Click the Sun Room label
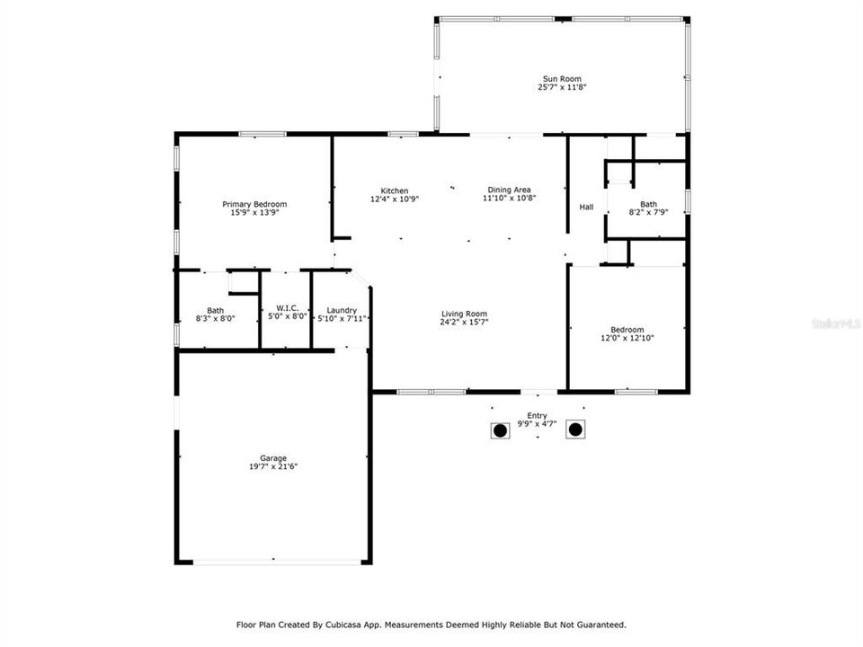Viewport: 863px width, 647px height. pos(562,79)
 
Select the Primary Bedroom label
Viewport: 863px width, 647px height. pos(254,204)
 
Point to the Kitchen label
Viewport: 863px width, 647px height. pos(395,191)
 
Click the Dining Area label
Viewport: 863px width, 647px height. pos(509,190)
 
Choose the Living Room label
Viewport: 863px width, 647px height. pos(464,314)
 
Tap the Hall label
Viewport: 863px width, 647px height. pos(586,208)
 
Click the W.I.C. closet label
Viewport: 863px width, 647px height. pos(287,308)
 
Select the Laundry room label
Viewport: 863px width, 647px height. pos(342,310)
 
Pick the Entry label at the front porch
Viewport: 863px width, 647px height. pos(538,415)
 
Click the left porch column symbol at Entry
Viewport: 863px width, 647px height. pos(500,430)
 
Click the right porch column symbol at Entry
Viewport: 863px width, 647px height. pos(575,430)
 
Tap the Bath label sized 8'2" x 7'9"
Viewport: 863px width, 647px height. pos(648,204)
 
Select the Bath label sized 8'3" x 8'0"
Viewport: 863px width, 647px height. pos(215,310)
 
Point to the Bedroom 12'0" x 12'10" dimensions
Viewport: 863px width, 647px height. pos(627,338)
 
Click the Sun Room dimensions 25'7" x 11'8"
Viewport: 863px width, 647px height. pos(562,88)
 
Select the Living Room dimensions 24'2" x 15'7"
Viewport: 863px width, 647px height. pos(464,322)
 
